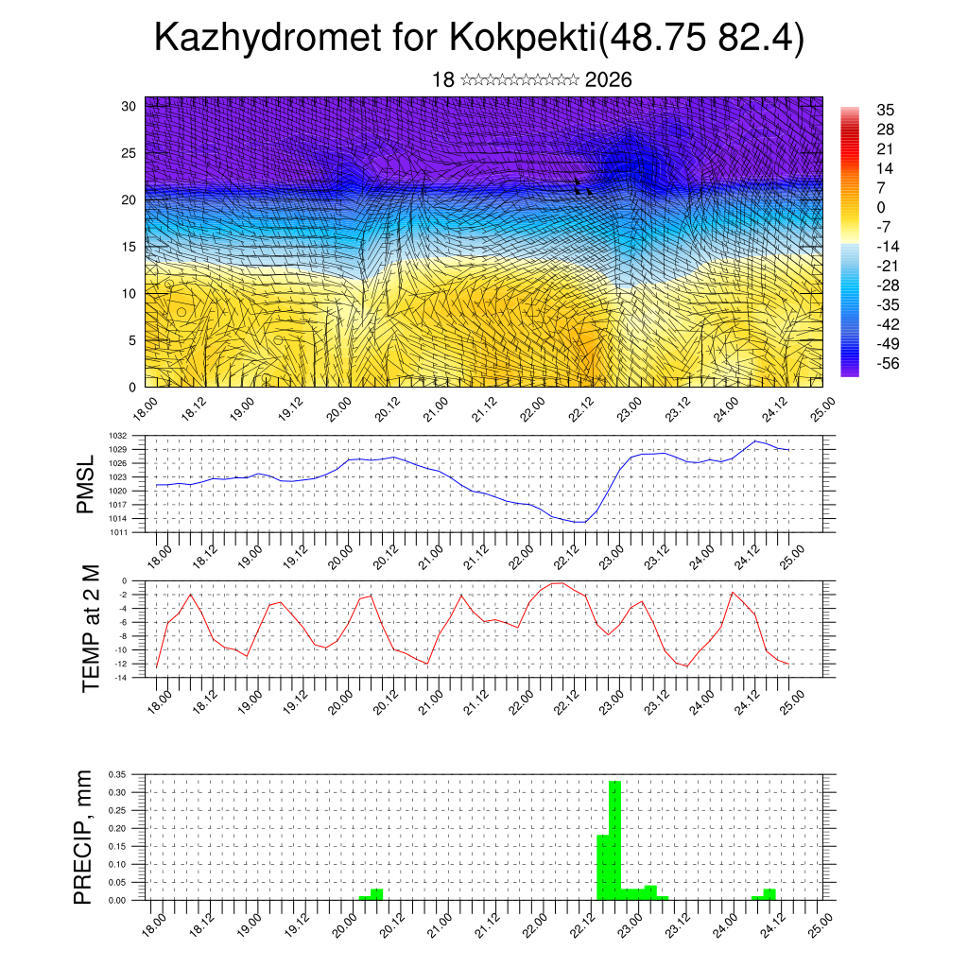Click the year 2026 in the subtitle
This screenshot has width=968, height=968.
(x=608, y=80)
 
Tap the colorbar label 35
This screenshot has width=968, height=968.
(x=886, y=110)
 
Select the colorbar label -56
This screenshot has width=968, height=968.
(x=890, y=363)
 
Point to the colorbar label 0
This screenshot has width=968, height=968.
(x=881, y=207)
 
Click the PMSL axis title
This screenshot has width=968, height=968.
(x=86, y=484)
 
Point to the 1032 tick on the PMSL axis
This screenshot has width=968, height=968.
(x=132, y=436)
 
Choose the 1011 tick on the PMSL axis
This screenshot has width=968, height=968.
(x=132, y=532)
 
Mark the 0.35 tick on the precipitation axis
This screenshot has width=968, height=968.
(x=117, y=774)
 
